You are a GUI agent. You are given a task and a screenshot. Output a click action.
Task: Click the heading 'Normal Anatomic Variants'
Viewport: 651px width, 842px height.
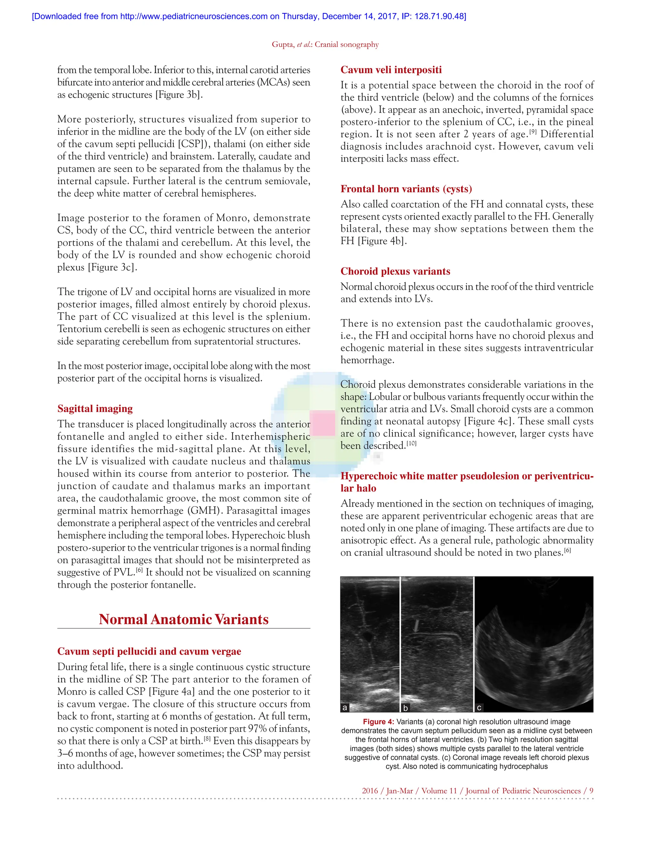pos(184,619)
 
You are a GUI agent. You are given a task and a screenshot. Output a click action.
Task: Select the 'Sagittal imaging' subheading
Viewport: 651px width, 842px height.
pos(95,408)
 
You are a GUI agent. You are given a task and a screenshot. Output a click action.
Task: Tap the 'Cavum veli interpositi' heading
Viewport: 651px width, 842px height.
pos(391,70)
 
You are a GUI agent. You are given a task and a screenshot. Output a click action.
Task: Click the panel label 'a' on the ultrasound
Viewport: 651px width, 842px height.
pos(345,708)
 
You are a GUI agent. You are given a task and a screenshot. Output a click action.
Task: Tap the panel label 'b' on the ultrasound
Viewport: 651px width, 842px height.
pos(405,708)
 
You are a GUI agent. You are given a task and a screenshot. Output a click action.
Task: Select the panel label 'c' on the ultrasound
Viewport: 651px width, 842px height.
pos(479,708)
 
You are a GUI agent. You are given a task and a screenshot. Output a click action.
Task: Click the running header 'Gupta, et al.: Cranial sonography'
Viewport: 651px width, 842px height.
pos(325,44)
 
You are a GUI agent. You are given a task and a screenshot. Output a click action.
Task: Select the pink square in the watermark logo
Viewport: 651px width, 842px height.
pos(322,423)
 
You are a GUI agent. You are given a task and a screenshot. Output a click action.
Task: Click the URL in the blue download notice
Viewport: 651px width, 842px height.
pos(194,16)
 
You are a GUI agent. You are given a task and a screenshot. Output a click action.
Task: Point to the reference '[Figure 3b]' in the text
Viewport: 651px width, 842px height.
pos(179,95)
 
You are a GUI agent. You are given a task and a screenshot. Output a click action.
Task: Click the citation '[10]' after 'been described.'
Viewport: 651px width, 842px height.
pos(412,443)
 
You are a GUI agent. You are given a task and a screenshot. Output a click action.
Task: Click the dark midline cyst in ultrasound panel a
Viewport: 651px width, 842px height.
pos(369,636)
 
